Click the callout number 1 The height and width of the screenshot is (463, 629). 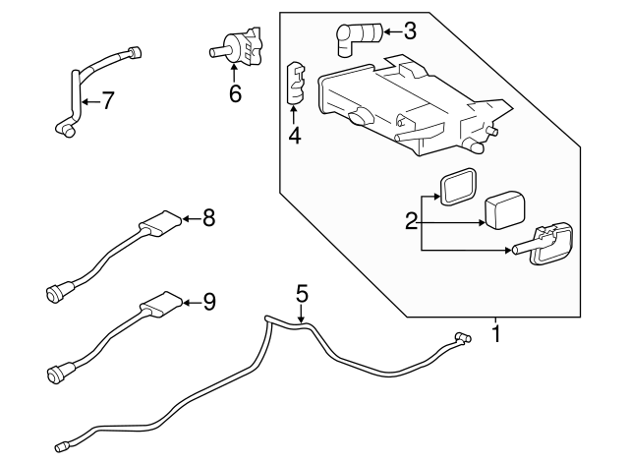[496, 334]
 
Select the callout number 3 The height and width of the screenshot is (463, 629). [409, 30]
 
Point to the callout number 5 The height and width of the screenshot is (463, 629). [302, 292]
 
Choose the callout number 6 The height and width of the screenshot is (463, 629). [234, 93]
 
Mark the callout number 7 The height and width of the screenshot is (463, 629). [108, 99]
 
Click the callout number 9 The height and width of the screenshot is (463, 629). [207, 302]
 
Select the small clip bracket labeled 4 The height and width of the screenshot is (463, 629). [294, 84]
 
